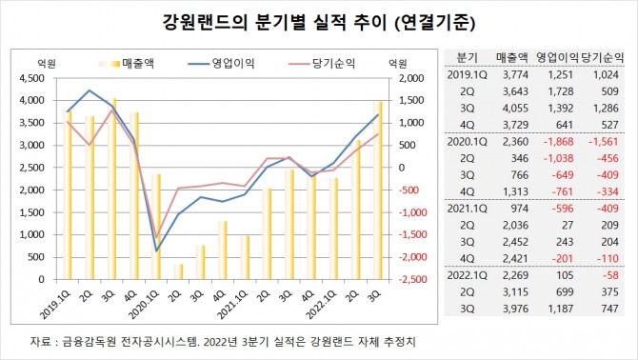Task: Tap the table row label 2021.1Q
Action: coord(466,209)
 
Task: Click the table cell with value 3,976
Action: coord(514,310)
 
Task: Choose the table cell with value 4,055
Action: coord(514,108)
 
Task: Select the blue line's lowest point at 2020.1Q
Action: coord(157,250)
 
